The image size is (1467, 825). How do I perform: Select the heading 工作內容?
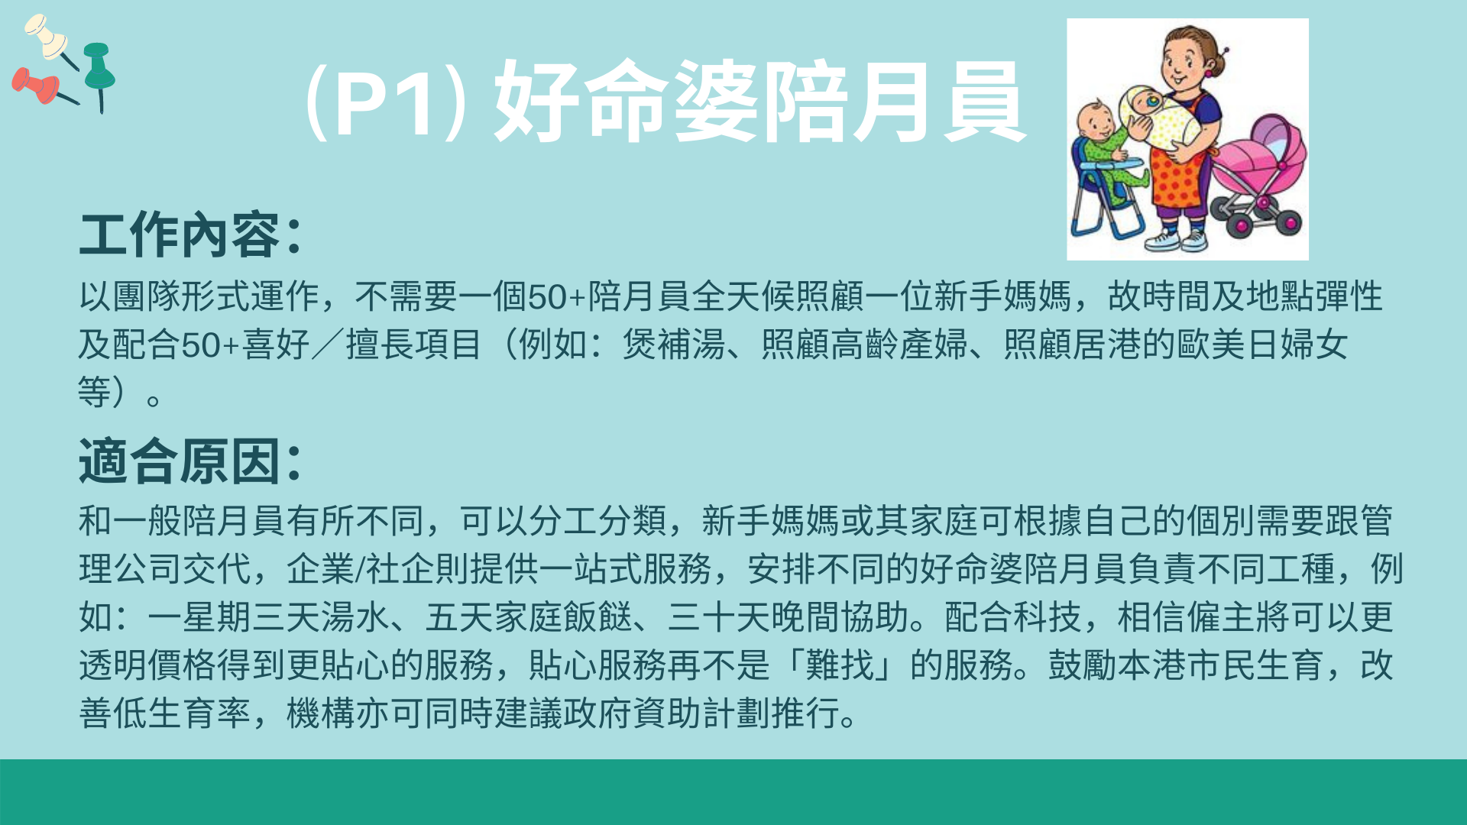pos(180,235)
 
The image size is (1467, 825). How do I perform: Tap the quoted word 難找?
pos(840,665)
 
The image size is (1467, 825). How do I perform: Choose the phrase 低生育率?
pos(182,713)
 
